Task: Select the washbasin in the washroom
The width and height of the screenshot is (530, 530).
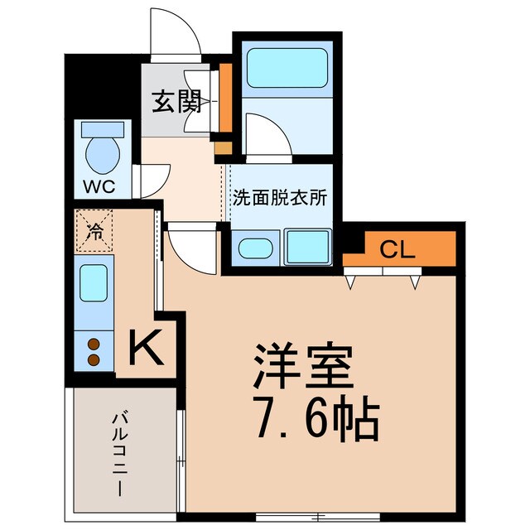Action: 255,248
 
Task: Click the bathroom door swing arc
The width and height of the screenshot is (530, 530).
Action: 267,135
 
